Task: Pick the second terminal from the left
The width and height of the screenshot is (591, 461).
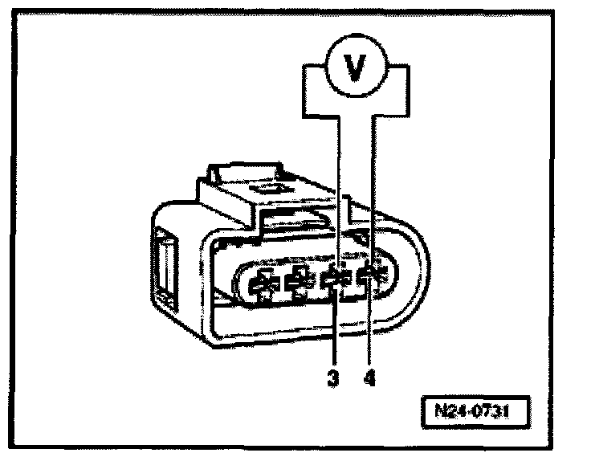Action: coord(298,281)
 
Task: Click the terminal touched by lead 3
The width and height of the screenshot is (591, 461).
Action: coord(334,280)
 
